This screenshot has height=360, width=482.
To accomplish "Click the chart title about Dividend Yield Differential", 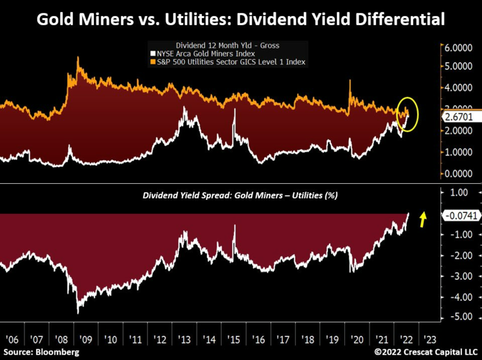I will coord(241,18).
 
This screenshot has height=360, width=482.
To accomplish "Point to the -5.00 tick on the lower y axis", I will coord(458,316).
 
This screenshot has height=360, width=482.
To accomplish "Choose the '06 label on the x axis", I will coord(12,339).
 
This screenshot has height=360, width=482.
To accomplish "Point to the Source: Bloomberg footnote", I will coord(40,353).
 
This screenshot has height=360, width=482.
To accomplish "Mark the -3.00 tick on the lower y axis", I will coord(458,275).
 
